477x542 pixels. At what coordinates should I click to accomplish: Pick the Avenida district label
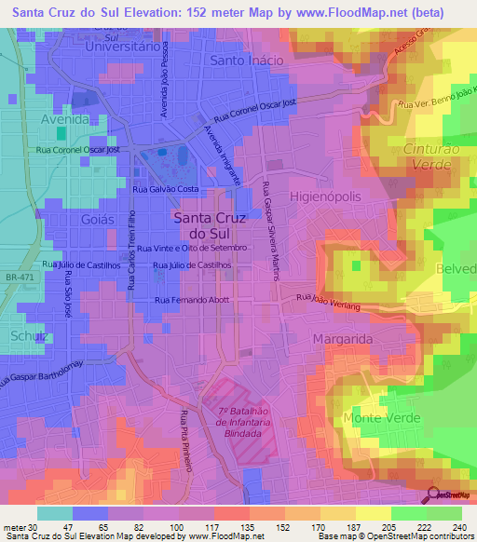[x=64, y=120]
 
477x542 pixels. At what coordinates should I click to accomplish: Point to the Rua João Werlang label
[x=328, y=299]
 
